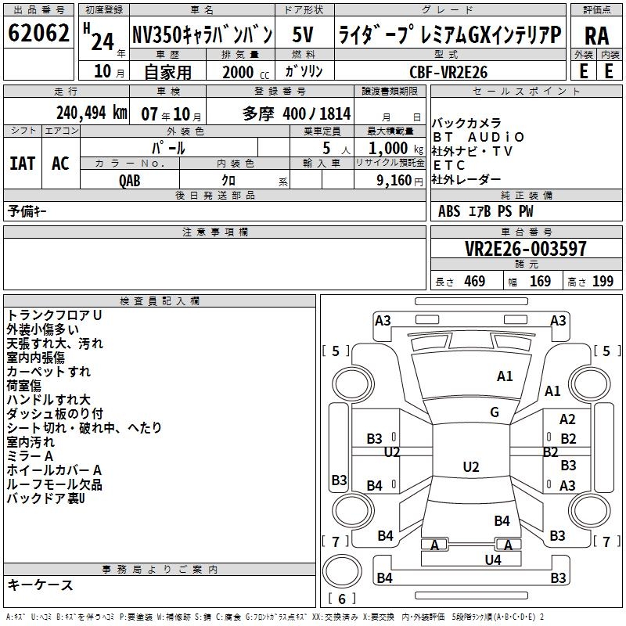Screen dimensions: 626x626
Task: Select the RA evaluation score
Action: click(x=596, y=35)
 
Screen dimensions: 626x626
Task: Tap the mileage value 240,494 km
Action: click(x=92, y=113)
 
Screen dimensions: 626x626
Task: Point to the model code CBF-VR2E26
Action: click(x=448, y=72)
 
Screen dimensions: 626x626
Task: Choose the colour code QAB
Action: click(x=131, y=180)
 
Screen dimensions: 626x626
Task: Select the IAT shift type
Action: click(x=23, y=163)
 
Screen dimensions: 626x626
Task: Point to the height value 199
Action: click(x=603, y=281)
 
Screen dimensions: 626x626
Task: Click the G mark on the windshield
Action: click(x=495, y=412)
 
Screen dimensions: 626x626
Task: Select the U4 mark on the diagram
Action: click(x=493, y=559)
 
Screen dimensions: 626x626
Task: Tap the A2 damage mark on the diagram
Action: click(x=567, y=419)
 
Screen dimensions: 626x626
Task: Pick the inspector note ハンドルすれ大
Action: click(x=49, y=400)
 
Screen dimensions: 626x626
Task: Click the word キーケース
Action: click(x=40, y=585)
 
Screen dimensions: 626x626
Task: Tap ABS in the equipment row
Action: click(x=449, y=210)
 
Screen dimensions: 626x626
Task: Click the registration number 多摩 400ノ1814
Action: click(x=297, y=113)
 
